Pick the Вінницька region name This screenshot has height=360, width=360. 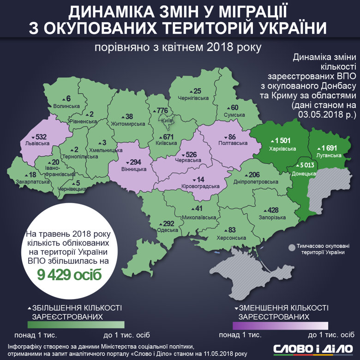(134, 169)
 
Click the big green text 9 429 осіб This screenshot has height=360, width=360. (69, 274)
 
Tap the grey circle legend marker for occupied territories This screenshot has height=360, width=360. (291, 248)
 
